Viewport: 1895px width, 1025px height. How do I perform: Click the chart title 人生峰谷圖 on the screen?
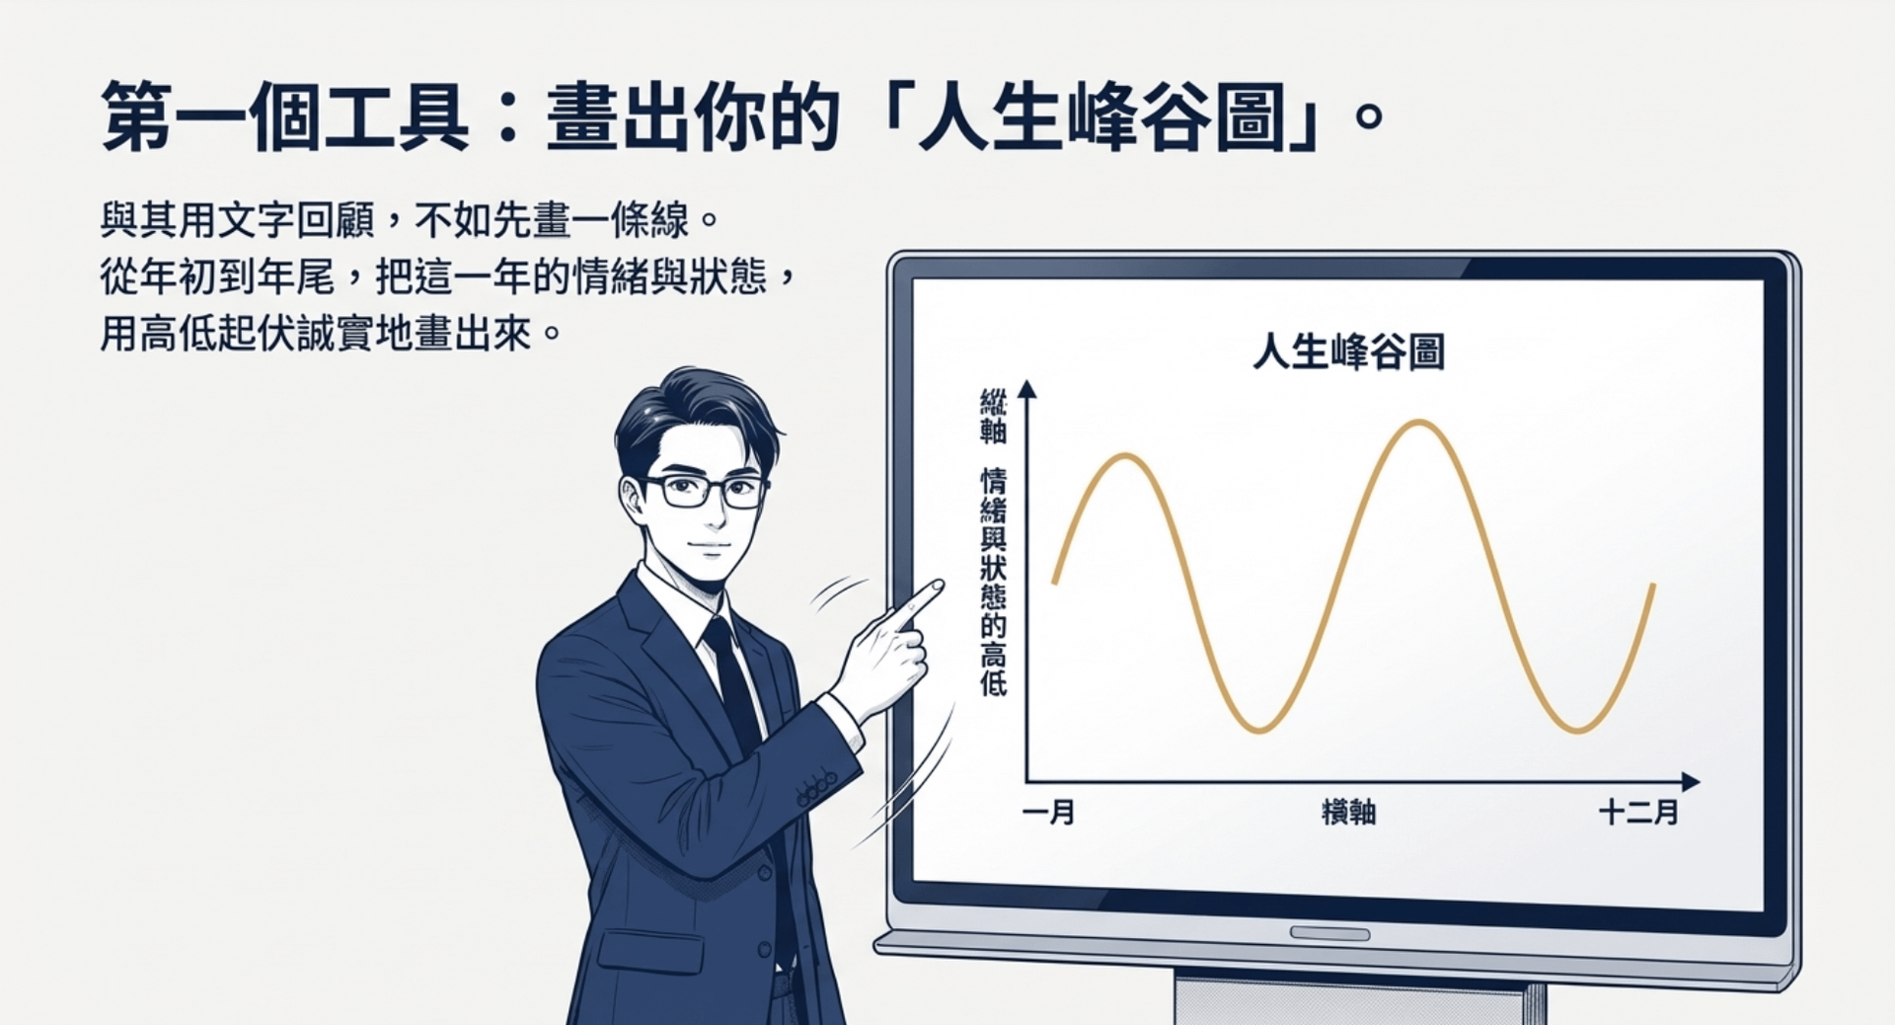[x=1348, y=352]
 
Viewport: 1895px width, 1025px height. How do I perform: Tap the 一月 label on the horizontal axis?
[x=1048, y=813]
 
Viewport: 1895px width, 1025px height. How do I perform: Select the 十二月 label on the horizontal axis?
[x=1638, y=813]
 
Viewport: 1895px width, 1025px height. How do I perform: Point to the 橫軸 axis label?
[x=1348, y=813]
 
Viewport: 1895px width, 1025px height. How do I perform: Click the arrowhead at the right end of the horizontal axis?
[x=1691, y=782]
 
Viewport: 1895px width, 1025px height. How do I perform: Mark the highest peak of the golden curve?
[x=1418, y=423]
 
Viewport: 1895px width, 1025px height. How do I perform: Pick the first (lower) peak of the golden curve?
[x=1125, y=456]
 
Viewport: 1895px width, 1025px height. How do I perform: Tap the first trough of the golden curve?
[x=1260, y=730]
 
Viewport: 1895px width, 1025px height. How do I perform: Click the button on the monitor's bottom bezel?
[x=1329, y=933]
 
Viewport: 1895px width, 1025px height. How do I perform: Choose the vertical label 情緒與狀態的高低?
[x=993, y=582]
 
